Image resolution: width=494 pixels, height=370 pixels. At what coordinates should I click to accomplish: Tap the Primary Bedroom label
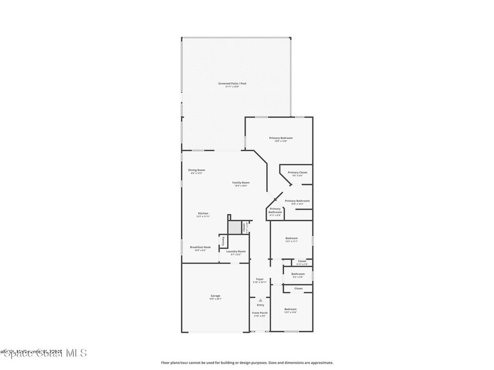tap(281, 138)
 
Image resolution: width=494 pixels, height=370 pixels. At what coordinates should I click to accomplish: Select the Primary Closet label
tap(297, 172)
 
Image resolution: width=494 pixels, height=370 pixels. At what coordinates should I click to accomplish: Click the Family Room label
tap(241, 183)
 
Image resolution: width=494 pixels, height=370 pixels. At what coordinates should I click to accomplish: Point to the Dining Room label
tap(196, 170)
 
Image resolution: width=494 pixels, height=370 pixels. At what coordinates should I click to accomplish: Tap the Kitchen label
tap(203, 213)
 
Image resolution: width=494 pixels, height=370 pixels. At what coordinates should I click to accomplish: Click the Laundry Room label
tap(236, 251)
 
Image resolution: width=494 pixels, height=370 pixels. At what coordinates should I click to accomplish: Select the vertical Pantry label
tap(222, 241)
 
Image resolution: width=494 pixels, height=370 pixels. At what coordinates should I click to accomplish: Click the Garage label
tap(215, 296)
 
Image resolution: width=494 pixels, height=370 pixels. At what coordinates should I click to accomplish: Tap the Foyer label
tap(260, 279)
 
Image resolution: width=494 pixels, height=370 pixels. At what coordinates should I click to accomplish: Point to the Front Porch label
tap(260, 313)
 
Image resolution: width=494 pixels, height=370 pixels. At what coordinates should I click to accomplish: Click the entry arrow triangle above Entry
tap(260, 300)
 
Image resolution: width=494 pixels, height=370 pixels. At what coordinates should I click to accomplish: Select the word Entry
tap(261, 305)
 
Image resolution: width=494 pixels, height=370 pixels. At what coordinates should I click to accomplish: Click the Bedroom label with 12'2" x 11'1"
tap(291, 238)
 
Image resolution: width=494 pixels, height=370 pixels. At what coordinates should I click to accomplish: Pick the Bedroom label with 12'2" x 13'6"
tap(290, 309)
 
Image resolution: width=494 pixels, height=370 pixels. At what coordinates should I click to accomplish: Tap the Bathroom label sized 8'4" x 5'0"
tap(298, 274)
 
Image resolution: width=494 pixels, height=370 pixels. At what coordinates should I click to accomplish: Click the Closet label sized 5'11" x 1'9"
tap(302, 261)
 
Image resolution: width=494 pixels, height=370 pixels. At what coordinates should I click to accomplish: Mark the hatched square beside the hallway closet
tap(234, 227)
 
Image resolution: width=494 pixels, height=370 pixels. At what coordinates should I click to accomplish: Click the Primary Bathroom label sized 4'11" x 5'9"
tap(275, 211)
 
